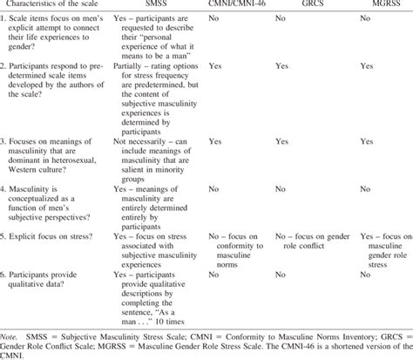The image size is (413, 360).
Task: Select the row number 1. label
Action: [x=6, y=28]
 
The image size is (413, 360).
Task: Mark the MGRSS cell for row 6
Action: [x=346, y=273]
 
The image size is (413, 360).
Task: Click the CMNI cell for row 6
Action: [x=214, y=273]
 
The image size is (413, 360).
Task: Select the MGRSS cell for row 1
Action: [x=346, y=28]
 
